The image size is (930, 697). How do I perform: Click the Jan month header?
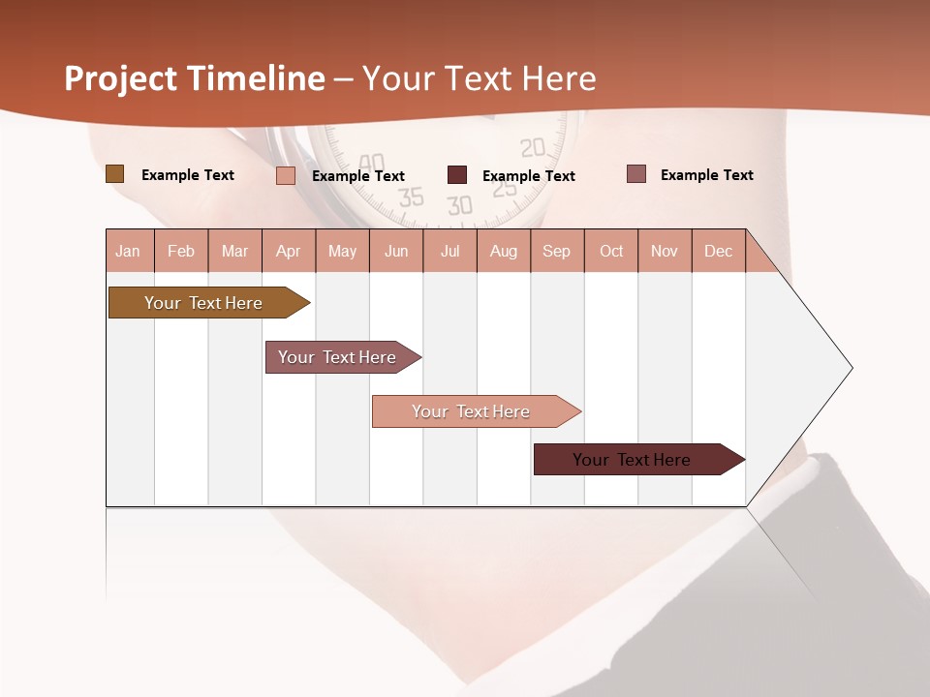129,251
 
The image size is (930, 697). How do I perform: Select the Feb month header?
181,251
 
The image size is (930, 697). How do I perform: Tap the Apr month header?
289,251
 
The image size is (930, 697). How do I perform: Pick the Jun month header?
396,251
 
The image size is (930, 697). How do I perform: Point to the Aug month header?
504,251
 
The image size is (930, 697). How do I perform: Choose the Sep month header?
557,251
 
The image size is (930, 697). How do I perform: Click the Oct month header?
611,251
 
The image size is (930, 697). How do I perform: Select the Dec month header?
719,251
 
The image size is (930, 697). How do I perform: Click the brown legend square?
114,174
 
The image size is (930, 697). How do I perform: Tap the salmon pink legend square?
286,175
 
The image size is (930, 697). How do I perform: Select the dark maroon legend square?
457,175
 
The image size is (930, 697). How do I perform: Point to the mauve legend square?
636,174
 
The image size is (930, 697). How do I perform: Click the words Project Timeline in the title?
195,78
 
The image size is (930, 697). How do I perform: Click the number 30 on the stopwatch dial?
460,205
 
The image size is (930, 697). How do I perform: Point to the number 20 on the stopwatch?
533,148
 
